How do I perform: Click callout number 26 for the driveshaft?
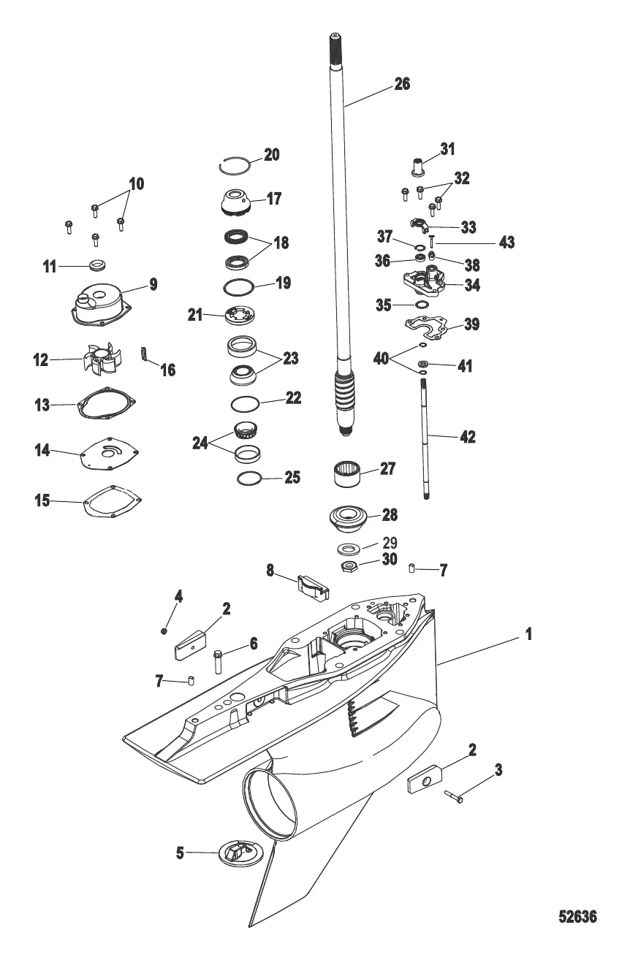[x=402, y=84]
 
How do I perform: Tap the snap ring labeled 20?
[x=234, y=165]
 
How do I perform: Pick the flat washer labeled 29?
[x=348, y=548]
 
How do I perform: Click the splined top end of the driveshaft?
[x=335, y=48]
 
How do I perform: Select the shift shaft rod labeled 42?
[x=426, y=438]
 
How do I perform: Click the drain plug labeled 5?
[x=238, y=852]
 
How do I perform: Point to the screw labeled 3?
[x=454, y=797]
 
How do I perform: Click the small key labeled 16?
[x=145, y=354]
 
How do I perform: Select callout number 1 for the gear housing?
[x=528, y=634]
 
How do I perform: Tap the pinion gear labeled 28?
[x=350, y=519]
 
